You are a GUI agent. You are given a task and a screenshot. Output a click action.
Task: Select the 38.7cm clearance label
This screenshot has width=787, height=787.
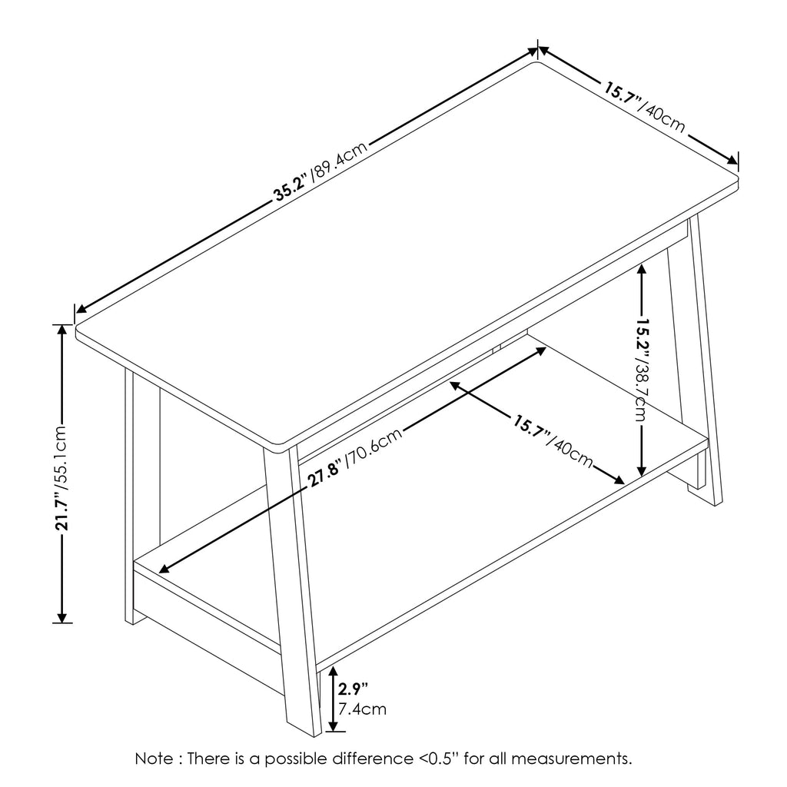[x=641, y=393]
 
